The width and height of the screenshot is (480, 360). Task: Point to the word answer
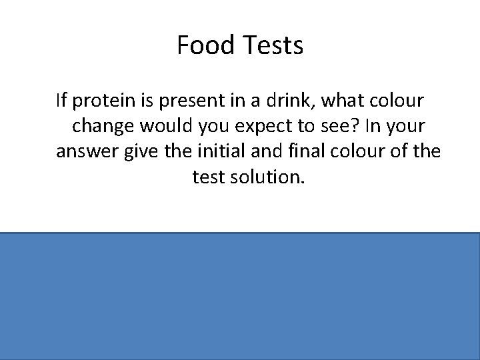point(83,152)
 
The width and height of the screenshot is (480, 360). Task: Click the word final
point(297,152)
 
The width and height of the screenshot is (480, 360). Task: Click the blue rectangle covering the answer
point(240,296)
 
